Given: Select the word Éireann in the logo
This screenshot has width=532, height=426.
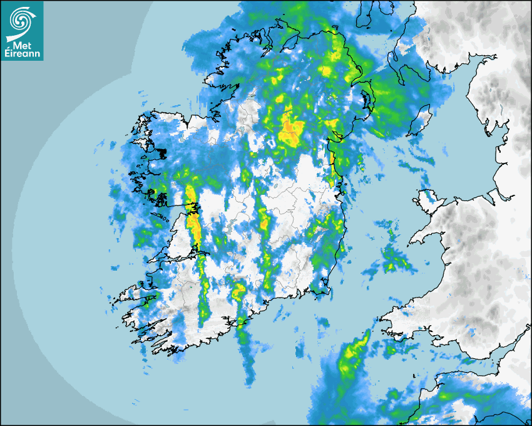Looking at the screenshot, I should coord(21,54).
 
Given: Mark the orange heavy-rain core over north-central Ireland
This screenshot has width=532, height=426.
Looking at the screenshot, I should coord(290,128).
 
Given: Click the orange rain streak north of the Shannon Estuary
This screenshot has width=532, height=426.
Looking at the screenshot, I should coord(193,222).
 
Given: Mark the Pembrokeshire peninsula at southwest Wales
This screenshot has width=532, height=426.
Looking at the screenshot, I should coord(388,319).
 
